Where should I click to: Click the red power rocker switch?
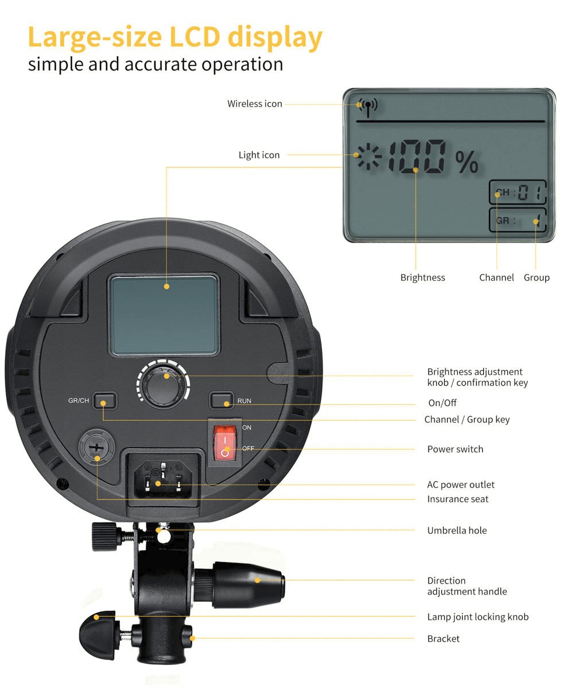[x=224, y=443]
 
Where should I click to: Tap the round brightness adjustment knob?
[x=163, y=385]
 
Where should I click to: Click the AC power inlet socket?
[x=163, y=479]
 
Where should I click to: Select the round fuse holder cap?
[x=96, y=447]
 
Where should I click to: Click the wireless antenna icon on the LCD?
[x=368, y=107]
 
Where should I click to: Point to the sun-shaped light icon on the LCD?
[x=369, y=156]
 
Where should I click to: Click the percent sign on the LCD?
[x=467, y=162]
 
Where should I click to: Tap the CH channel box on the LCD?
[x=517, y=192]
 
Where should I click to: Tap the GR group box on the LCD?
[x=517, y=220]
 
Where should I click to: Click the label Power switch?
[x=455, y=449]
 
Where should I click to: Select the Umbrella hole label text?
[x=457, y=530]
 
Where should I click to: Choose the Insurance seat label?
[x=457, y=499]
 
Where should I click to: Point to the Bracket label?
[x=443, y=639]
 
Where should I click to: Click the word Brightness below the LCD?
[x=422, y=277]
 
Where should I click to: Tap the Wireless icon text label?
[x=255, y=104]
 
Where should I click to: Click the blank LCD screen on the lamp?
[x=164, y=315]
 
